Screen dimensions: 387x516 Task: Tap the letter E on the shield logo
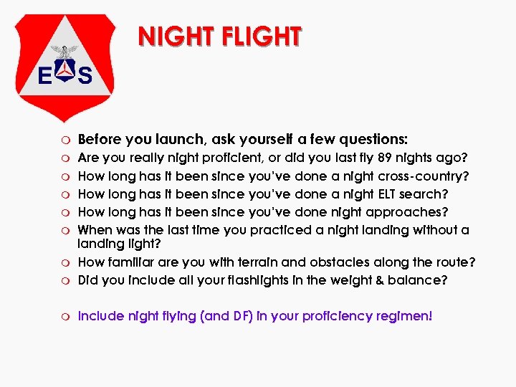[x=44, y=75]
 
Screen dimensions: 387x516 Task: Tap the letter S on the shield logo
[x=85, y=75]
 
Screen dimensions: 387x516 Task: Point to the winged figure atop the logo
[x=67, y=52]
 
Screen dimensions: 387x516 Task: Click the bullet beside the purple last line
[x=64, y=315]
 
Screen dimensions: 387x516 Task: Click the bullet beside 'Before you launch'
[x=64, y=139]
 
